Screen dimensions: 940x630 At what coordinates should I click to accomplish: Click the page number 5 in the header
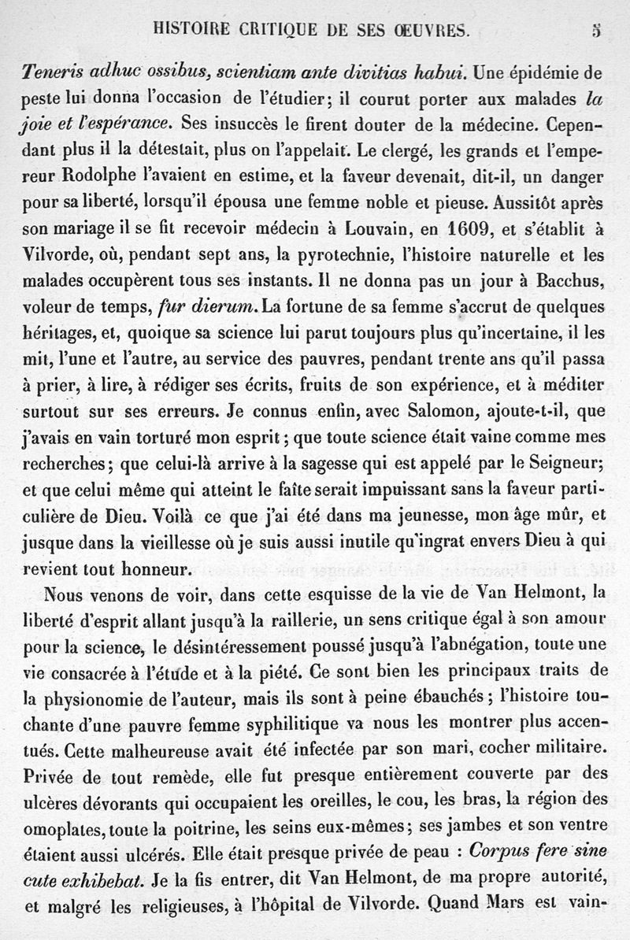point(597,31)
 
